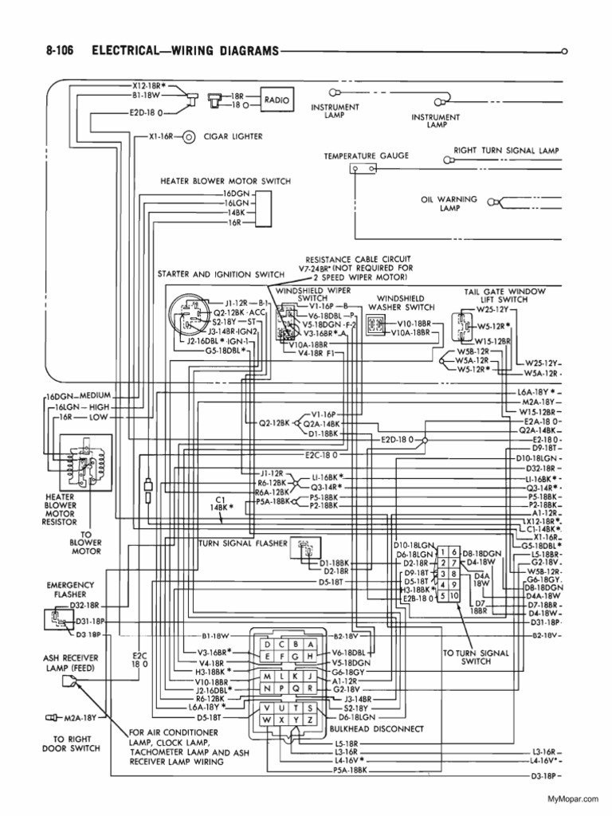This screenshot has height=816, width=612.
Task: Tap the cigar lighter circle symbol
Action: tap(189, 136)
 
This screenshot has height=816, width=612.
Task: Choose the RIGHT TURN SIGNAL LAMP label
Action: tap(506, 150)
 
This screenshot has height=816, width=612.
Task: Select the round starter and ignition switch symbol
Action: tap(190, 316)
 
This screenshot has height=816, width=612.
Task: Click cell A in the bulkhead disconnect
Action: tap(310, 643)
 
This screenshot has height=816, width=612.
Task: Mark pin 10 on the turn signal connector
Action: tap(453, 596)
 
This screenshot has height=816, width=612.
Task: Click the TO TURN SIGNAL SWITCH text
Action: tap(466, 657)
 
